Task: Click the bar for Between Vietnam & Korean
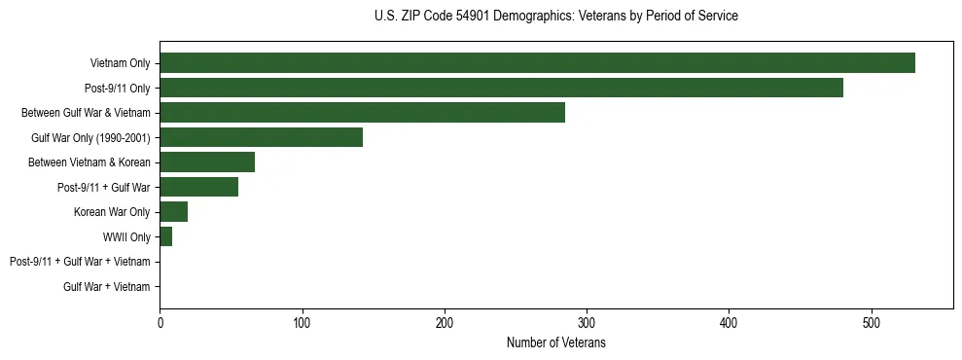coord(207,162)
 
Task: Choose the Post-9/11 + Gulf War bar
coord(198,187)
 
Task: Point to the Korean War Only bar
coord(173,212)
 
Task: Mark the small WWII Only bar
coord(165,236)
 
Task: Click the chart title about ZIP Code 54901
coord(555,17)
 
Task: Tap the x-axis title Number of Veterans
coord(555,343)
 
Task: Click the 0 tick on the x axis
coord(160,323)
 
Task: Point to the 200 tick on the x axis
coord(445,323)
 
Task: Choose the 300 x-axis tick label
coord(587,323)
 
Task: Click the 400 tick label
coord(730,323)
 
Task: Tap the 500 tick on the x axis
coord(872,323)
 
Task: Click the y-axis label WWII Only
coord(126,237)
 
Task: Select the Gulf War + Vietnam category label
coord(106,287)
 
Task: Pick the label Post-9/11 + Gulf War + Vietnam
coord(80,262)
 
